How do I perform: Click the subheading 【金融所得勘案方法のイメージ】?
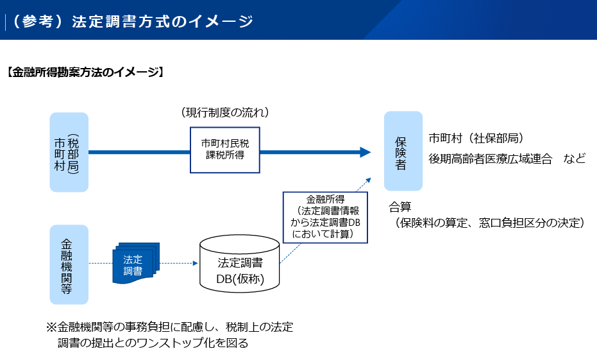(85, 73)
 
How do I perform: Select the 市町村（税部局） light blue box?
(69, 153)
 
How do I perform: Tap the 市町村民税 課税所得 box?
(224, 149)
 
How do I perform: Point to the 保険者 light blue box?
(403, 151)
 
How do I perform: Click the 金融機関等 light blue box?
(69, 264)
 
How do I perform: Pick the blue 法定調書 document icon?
(135, 264)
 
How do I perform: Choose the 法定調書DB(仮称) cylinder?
(239, 263)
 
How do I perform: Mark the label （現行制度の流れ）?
(224, 113)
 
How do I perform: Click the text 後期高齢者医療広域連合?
(491, 159)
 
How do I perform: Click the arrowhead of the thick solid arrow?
(366, 152)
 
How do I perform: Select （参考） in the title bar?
(37, 21)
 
